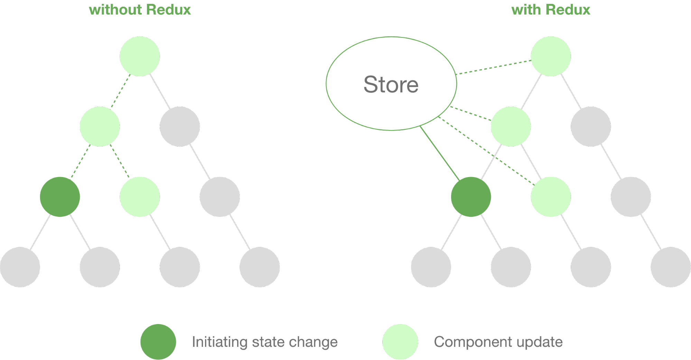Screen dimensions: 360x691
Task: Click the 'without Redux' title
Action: [x=140, y=10]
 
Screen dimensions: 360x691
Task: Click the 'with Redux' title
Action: [x=550, y=10]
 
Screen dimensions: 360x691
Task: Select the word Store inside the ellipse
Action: [x=391, y=84]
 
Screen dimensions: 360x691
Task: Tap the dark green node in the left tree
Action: [x=60, y=197]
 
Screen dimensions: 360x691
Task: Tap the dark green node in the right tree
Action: [x=471, y=197]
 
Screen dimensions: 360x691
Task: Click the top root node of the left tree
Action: [x=140, y=56]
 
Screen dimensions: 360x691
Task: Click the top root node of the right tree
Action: [x=551, y=56]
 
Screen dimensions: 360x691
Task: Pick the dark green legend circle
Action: [x=158, y=342]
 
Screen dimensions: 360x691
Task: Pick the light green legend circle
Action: [x=400, y=342]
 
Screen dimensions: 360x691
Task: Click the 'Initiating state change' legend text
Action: [x=264, y=342]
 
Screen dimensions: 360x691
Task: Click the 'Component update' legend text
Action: [x=498, y=342]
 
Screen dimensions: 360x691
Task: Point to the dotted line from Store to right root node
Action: [x=493, y=67]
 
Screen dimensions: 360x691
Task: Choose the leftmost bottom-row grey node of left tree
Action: [x=20, y=267]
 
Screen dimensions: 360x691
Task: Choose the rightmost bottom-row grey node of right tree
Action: [x=671, y=267]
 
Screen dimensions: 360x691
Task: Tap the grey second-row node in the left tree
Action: [x=180, y=127]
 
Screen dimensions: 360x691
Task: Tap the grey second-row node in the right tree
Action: [x=591, y=127]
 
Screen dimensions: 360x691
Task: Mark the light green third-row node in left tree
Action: [x=140, y=197]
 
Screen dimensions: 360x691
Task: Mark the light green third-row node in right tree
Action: [x=551, y=197]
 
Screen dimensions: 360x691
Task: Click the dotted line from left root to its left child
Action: [x=120, y=91]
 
